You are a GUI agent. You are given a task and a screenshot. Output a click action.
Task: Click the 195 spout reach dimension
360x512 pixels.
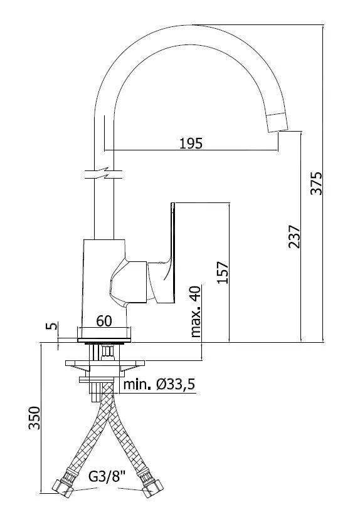191,144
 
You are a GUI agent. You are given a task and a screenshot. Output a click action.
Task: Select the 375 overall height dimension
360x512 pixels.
316,183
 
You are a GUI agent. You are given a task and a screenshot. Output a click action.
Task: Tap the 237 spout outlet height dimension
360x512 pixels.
294,236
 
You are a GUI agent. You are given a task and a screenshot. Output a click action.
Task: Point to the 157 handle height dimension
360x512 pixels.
223,272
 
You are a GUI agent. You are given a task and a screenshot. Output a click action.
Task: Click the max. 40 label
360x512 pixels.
196,311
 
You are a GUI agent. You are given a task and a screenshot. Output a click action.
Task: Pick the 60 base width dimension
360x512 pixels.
104,321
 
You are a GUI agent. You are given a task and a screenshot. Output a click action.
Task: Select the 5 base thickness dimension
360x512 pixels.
51,325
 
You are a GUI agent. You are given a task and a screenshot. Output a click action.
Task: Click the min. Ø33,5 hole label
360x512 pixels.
159,384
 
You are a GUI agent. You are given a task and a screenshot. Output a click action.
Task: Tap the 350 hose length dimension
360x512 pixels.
34,418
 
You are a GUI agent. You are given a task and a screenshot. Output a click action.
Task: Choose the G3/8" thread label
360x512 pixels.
107,478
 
